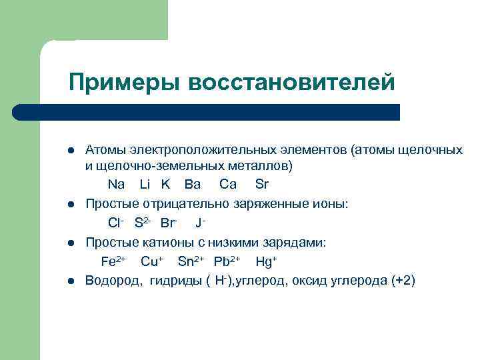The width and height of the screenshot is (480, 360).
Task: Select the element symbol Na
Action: [116, 184]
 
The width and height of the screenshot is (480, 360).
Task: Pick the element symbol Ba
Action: [193, 184]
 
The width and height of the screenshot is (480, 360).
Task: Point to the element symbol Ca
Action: [228, 184]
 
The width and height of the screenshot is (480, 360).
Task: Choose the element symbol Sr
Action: [262, 184]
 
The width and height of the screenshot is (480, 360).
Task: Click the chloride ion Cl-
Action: [117, 222]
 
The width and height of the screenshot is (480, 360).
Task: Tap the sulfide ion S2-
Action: [143, 222]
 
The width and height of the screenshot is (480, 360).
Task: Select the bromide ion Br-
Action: [169, 222]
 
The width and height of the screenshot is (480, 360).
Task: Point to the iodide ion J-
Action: [199, 222]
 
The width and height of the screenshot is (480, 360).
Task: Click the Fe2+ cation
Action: [113, 261]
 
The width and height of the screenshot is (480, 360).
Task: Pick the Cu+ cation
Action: [152, 261]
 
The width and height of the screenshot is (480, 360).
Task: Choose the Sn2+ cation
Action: [191, 261]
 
